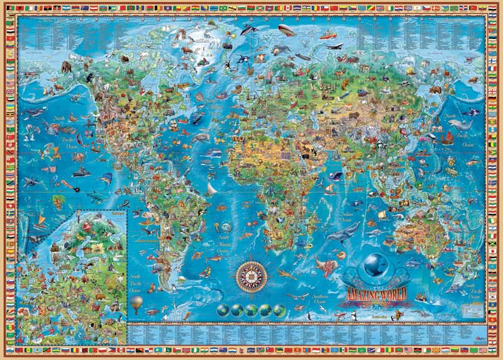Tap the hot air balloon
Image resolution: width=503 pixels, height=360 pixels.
[136, 305]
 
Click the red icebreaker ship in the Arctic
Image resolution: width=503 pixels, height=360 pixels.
[328, 36]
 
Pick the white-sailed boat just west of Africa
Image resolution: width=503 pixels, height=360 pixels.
[211, 188]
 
